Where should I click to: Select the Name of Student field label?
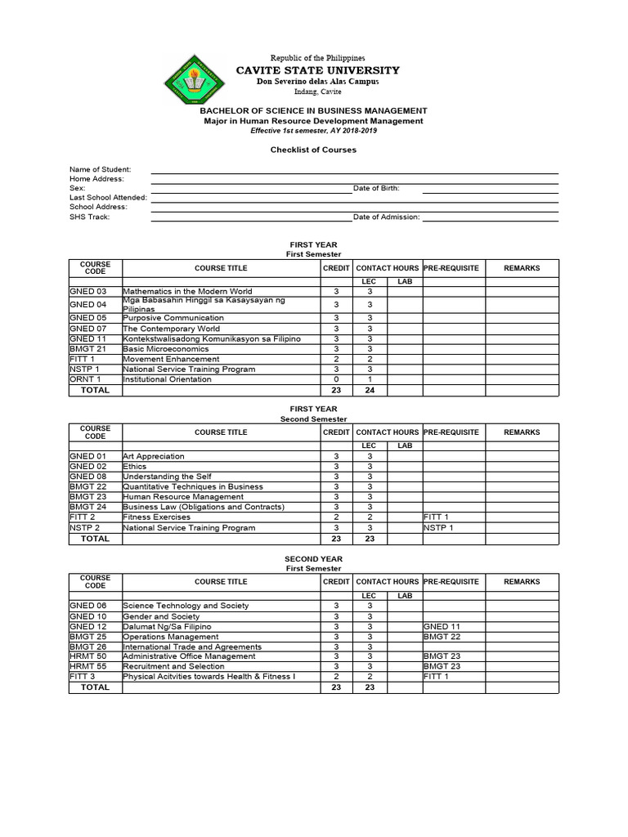coord(100,169)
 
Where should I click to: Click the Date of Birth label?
coord(376,188)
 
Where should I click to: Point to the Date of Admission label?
coord(386,217)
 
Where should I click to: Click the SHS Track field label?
coord(89,217)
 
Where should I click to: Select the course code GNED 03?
coord(88,291)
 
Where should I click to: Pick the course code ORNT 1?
coord(86,379)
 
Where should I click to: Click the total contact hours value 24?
coord(369,391)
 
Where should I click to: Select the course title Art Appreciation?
coord(154,456)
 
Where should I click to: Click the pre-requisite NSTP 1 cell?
coord(437,528)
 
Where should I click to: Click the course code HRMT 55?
coord(88,666)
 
